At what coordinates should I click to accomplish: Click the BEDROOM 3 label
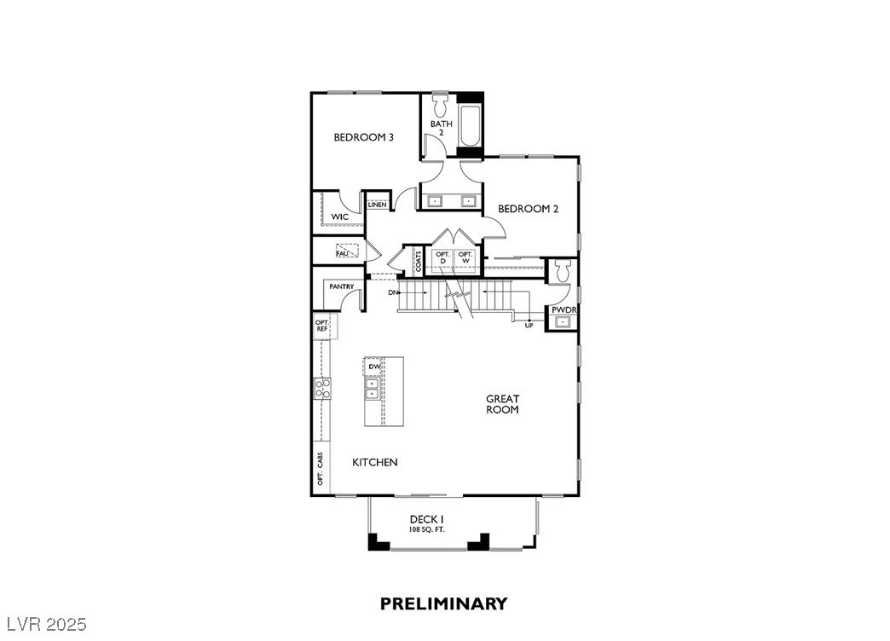coord(363,137)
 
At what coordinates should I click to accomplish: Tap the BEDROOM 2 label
coord(528,209)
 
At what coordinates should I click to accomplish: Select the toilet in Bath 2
coord(441,106)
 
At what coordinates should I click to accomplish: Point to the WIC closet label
coord(339,217)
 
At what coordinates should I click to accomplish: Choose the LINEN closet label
coord(377,205)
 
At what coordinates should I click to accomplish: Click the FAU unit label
coord(342,253)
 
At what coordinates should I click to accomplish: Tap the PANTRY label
coord(341,286)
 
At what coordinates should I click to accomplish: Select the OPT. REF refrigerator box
coord(322,326)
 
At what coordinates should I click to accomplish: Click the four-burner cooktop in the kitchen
coord(323,389)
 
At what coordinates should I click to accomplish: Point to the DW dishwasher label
coord(373,367)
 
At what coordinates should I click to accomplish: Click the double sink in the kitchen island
coord(373,389)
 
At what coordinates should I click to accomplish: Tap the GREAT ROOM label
coord(502,404)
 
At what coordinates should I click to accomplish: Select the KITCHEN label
coord(375,462)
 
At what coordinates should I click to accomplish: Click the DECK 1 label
coord(426,519)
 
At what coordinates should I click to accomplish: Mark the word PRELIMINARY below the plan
coord(443,603)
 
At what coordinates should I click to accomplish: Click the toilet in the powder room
coord(562,271)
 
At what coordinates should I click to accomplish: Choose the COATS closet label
coord(418,262)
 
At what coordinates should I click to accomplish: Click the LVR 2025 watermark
coord(44,625)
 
